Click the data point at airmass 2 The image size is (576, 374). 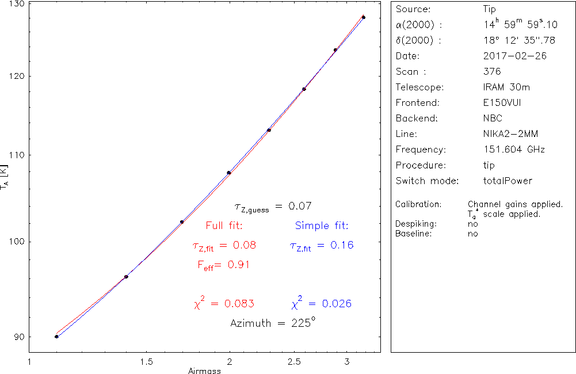coord(229,173)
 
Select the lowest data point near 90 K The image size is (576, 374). coord(56,337)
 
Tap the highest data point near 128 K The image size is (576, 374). coord(363,18)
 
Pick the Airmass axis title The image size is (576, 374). coord(205,371)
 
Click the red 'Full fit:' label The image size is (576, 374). coord(224,225)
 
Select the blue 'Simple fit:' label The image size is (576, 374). coord(322,225)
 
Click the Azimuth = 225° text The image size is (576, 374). coord(272,323)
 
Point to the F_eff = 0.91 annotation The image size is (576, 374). coord(223,265)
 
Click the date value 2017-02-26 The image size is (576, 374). coord(515,56)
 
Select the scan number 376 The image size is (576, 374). coord(492,72)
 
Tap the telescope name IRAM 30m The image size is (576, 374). coord(506,87)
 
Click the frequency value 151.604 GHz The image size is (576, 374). coord(514,150)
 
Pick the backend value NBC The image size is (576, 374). coord(493,119)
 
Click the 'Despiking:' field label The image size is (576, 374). coord(416,223)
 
